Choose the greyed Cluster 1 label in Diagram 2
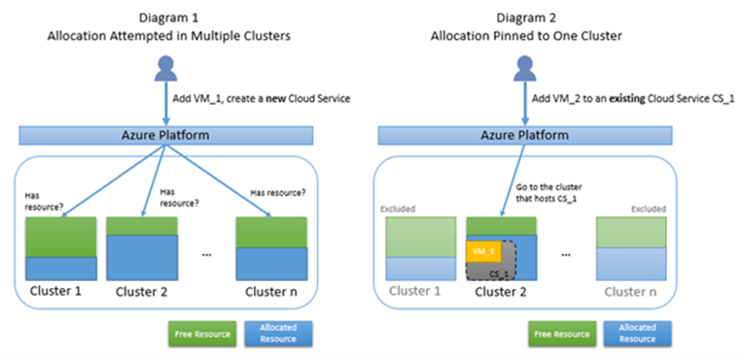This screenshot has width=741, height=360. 416,291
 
